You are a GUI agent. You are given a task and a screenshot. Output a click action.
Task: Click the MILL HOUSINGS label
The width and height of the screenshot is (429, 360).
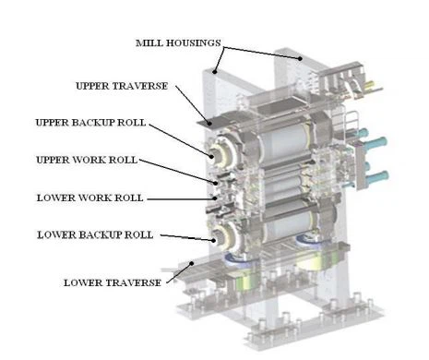click(178, 43)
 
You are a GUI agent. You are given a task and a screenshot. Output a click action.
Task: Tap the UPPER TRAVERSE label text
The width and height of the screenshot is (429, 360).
click(122, 86)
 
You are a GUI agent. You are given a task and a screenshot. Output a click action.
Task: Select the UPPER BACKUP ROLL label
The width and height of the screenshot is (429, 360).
click(90, 123)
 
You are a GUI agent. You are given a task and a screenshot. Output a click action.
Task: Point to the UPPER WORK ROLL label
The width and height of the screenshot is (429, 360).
click(87, 160)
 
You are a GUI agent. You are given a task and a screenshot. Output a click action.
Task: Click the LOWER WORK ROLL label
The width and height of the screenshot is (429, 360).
click(90, 198)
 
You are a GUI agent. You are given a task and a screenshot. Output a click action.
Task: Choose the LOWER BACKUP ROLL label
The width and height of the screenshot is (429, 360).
click(95, 235)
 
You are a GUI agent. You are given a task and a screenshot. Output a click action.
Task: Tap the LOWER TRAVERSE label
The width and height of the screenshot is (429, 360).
click(113, 282)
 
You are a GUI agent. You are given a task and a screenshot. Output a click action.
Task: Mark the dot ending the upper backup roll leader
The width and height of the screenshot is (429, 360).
click(211, 156)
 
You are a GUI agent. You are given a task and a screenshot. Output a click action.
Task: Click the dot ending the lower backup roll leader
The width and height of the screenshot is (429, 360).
click(213, 240)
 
